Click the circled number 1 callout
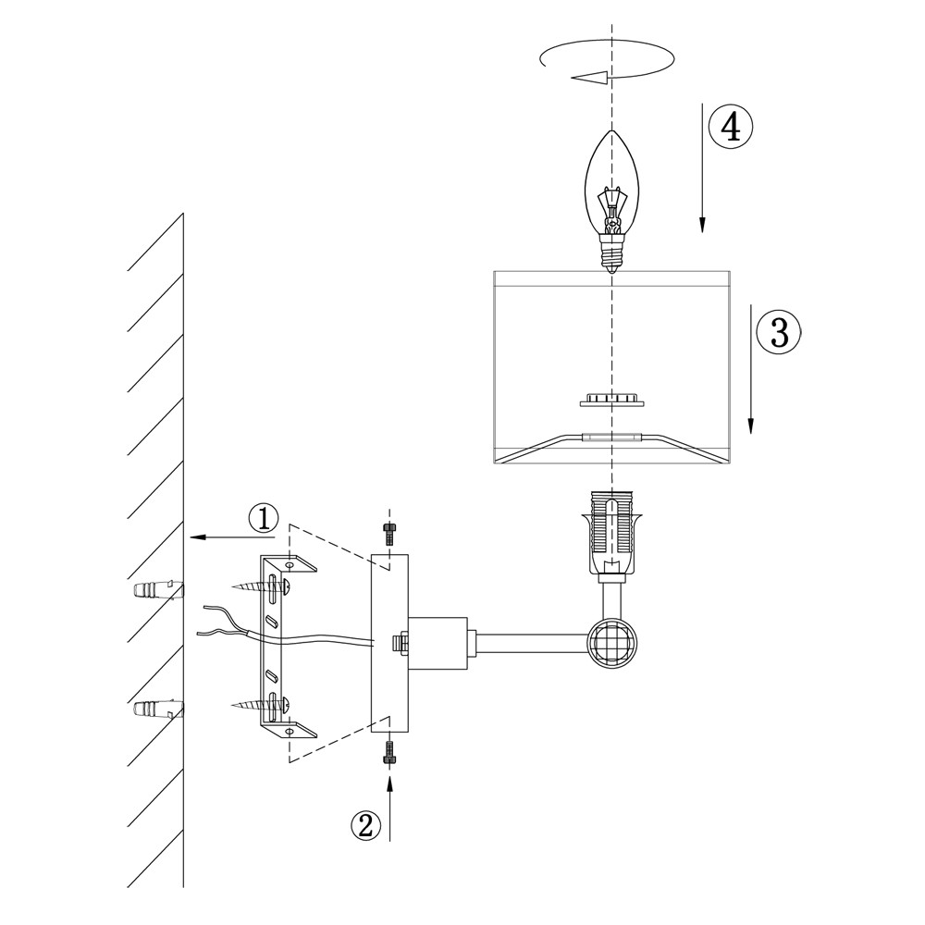tap(264, 519)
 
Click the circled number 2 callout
tap(366, 824)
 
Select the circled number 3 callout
tap(779, 331)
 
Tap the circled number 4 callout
tap(731, 127)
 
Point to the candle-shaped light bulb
tap(610, 185)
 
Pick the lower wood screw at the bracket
tap(262, 705)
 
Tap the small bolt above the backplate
tap(388, 532)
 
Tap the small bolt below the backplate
tap(388, 753)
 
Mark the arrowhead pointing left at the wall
tap(196, 536)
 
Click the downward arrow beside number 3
tap(751, 370)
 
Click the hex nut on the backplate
tap(400, 641)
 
